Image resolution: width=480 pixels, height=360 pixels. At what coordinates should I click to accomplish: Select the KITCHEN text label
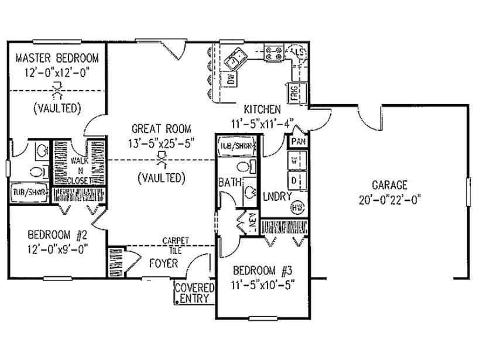[x=262, y=109]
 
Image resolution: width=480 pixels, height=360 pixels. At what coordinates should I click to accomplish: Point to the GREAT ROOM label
[x=160, y=129]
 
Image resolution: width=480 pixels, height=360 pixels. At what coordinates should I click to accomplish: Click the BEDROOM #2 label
[x=57, y=235]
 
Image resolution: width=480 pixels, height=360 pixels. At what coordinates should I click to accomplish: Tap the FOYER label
[x=163, y=263]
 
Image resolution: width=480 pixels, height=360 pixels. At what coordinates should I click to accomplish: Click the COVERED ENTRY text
[x=195, y=293]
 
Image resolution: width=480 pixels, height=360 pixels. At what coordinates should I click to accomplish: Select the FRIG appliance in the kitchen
[x=294, y=92]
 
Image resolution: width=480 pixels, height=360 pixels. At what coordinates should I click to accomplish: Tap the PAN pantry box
[x=297, y=142]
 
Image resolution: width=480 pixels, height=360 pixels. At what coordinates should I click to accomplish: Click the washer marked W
[x=294, y=160]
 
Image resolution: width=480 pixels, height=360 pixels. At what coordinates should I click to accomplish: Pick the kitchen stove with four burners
[x=273, y=54]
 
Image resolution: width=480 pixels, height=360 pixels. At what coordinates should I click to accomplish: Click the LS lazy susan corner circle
[x=297, y=53]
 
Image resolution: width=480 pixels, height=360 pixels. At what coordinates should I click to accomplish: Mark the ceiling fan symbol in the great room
[x=160, y=159]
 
